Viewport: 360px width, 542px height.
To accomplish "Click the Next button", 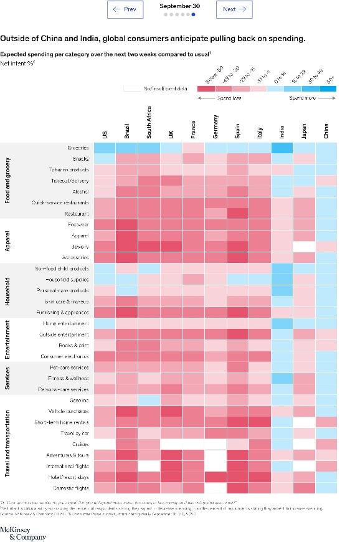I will pos(234,9).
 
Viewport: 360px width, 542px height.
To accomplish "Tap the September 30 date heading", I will pos(179,6).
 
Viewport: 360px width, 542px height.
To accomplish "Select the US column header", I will pos(104,135).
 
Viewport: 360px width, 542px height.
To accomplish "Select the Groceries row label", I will pos(78,148).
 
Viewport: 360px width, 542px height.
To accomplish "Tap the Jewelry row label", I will pos(80,247).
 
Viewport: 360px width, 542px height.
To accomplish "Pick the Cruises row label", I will pos(80,444).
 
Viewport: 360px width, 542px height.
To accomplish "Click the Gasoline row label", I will pos(78,400).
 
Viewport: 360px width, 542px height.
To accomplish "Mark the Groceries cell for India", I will pos(282,148).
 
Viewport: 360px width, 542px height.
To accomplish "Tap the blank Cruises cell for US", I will pos(104,444).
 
